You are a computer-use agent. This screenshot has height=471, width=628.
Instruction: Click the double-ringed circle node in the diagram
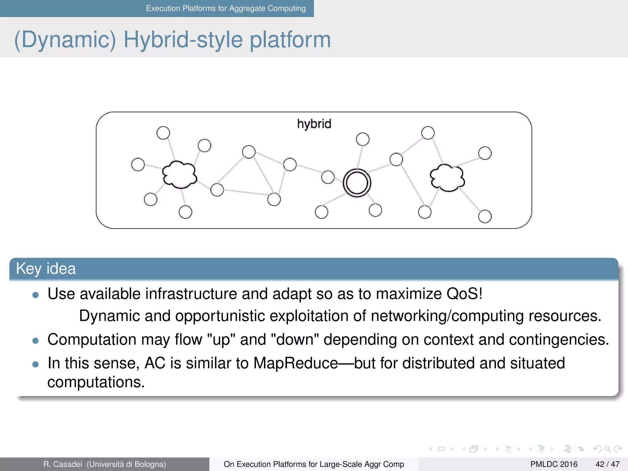pyautogui.click(x=357, y=183)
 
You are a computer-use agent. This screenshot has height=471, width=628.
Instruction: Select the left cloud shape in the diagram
pyautogui.click(x=179, y=174)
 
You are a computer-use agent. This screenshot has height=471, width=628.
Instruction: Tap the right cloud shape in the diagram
pyautogui.click(x=447, y=178)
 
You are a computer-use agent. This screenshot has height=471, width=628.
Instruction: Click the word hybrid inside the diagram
pyautogui.click(x=314, y=124)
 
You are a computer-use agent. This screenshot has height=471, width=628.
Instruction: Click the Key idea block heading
pyautogui.click(x=46, y=269)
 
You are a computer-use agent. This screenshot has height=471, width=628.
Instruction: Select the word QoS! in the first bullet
pyautogui.click(x=464, y=294)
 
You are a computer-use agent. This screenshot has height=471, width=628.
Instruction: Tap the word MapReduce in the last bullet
pyautogui.click(x=296, y=363)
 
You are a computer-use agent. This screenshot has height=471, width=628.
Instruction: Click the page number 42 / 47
pyautogui.click(x=607, y=464)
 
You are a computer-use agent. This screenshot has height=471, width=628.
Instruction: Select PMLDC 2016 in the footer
pyautogui.click(x=553, y=464)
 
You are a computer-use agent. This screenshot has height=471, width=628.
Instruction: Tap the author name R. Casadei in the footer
pyautogui.click(x=63, y=464)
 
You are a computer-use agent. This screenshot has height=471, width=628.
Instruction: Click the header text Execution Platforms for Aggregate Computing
pyautogui.click(x=226, y=8)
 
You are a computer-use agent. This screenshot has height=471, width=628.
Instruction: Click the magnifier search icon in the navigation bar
pyautogui.click(x=607, y=449)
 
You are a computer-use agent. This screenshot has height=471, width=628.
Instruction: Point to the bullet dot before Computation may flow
pyautogui.click(x=36, y=341)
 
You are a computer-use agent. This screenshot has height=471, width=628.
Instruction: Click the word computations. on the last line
pyautogui.click(x=96, y=382)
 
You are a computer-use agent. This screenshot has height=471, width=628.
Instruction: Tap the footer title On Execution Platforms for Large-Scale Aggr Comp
pyautogui.click(x=314, y=464)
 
